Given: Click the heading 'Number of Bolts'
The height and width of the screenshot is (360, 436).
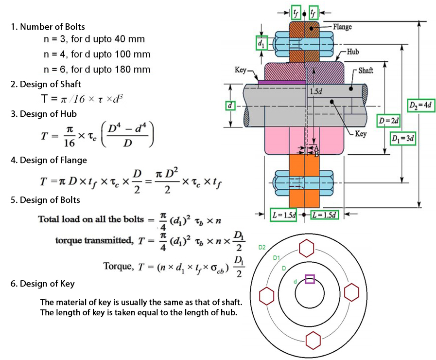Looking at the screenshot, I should tap(48, 26).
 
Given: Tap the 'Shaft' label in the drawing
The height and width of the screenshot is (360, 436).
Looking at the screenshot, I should tap(366, 71).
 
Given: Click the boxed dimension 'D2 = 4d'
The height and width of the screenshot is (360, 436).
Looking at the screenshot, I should tap(419, 106).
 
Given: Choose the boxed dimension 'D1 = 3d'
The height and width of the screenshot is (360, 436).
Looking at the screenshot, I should tap(402, 139).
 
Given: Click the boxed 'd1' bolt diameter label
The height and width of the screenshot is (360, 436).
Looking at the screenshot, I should tap(262, 44).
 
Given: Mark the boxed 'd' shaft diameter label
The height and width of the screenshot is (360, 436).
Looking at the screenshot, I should tap(231, 106).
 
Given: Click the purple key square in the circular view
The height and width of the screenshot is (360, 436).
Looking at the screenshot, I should tap(310, 279).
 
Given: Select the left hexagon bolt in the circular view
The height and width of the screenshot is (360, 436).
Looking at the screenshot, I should tap(266, 295).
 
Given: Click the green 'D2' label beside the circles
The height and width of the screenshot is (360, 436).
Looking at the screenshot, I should tap(262, 248).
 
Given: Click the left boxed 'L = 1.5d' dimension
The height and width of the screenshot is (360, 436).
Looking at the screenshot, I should tap(283, 215).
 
